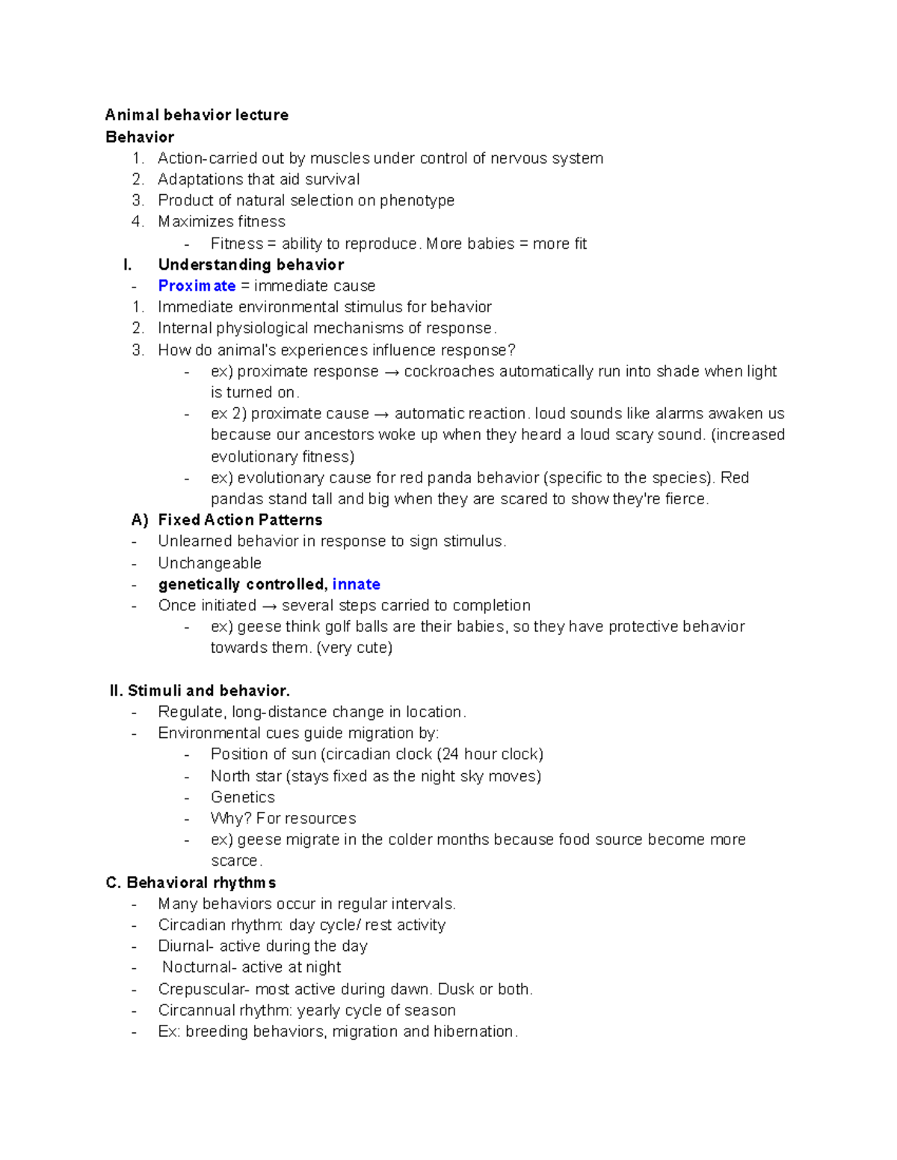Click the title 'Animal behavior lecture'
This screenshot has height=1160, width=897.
coord(197,115)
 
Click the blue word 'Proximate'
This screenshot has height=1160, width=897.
coord(197,286)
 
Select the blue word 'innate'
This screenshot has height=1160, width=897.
coord(356,584)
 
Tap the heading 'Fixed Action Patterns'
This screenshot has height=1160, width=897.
coord(240,520)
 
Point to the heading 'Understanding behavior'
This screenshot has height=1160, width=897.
coord(250,264)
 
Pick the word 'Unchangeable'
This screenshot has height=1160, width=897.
coord(209,563)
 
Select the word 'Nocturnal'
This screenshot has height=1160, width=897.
coord(197,967)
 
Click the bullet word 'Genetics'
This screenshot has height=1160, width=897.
coord(242,797)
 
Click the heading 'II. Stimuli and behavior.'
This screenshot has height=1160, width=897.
coord(200,691)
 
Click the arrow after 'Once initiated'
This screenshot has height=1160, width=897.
coord(268,606)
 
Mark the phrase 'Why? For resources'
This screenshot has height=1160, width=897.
coord(283,818)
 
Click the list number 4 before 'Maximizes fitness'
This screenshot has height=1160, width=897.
coord(137,222)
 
